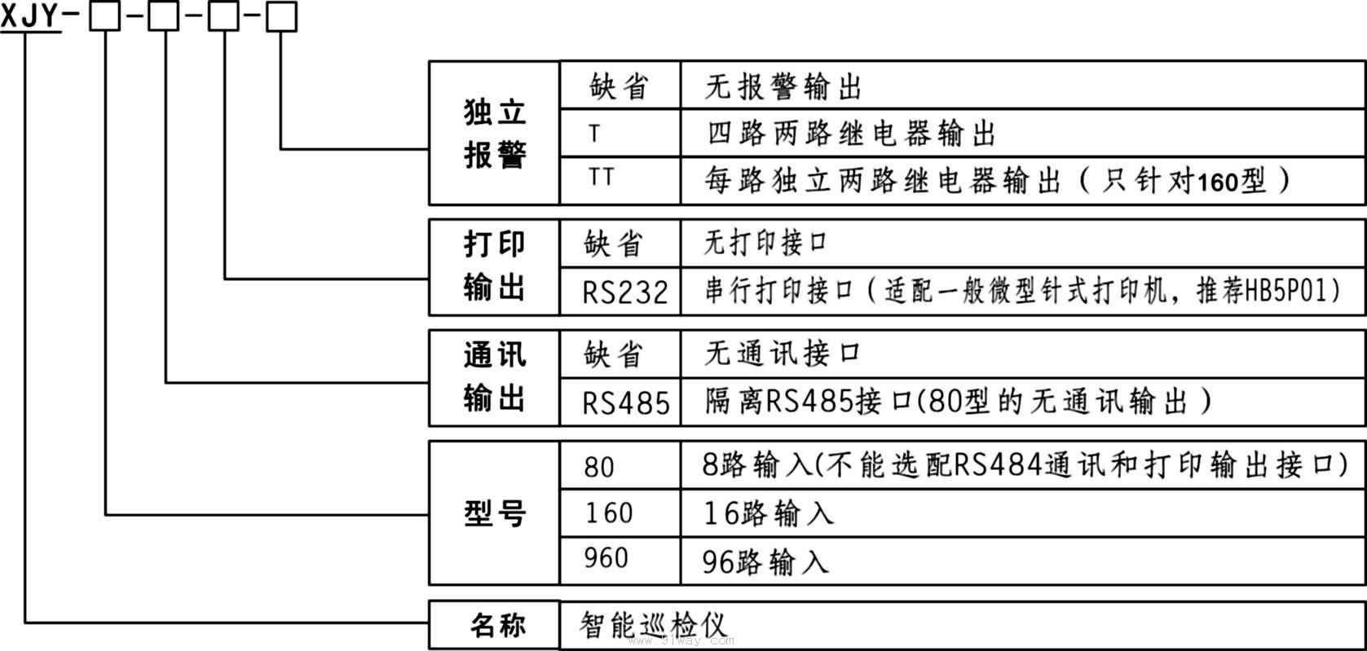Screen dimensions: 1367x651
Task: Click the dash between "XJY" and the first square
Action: [x=72, y=13]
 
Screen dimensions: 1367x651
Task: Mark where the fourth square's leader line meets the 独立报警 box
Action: [x=430, y=149]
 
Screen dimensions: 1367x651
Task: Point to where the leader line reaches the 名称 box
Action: [x=430, y=623]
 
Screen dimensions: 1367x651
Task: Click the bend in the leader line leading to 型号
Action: [x=106, y=515]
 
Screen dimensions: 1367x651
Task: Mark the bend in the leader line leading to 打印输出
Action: [x=225, y=279]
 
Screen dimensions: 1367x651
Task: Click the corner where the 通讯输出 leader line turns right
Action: [x=165, y=383]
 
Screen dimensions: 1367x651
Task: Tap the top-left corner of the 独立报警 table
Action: [x=430, y=61]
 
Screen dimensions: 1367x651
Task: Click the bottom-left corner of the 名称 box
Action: [x=430, y=648]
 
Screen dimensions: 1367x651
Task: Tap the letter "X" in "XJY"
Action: [x=9, y=15]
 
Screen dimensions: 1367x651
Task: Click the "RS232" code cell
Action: [x=625, y=292]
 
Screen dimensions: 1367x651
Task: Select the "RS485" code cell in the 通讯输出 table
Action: [x=626, y=403]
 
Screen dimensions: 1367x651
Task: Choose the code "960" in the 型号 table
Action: [x=606, y=557]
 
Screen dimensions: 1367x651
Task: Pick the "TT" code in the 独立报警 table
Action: [x=601, y=177]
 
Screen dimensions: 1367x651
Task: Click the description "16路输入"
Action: [x=769, y=512]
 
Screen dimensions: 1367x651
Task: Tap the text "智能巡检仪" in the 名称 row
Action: [x=653, y=625]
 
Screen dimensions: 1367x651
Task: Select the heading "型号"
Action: [x=494, y=513]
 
